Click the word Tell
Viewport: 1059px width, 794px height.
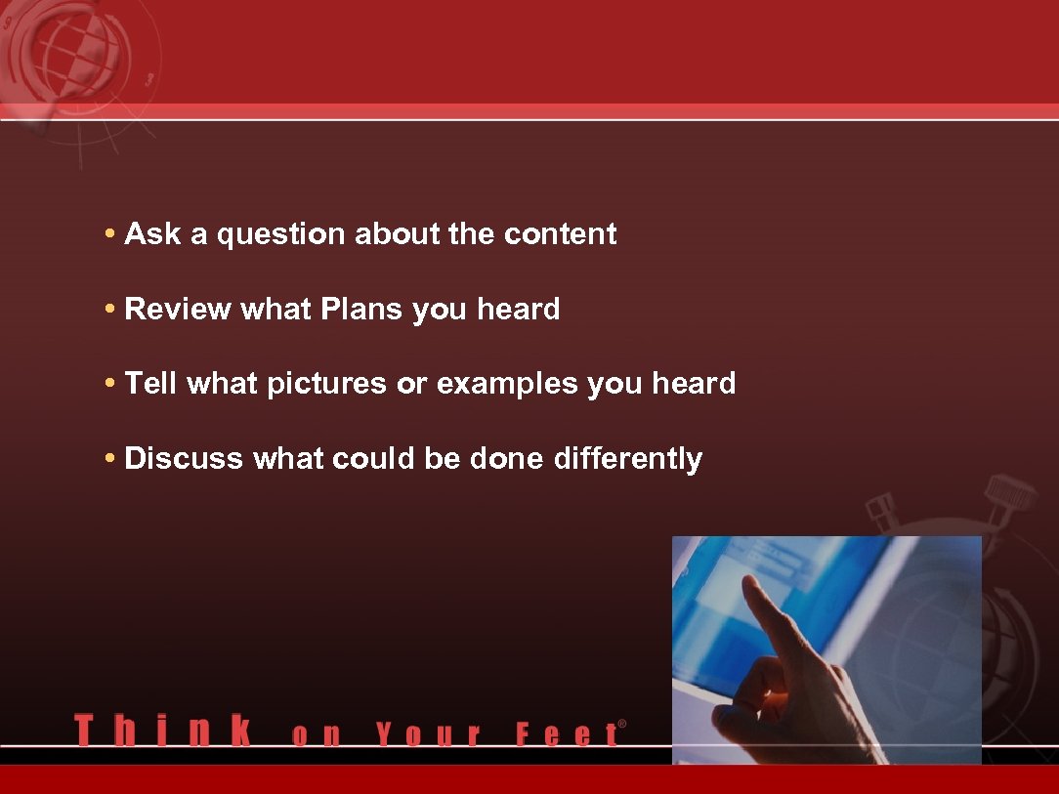coord(150,384)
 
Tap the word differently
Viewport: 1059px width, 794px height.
coord(627,459)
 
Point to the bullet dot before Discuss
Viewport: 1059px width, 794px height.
coord(111,458)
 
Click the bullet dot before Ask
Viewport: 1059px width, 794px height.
coord(111,234)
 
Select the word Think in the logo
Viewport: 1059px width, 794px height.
coord(162,731)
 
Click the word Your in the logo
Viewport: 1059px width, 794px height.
coord(429,734)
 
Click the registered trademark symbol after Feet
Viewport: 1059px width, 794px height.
coord(622,725)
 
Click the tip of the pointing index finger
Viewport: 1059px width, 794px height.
coord(750,583)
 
